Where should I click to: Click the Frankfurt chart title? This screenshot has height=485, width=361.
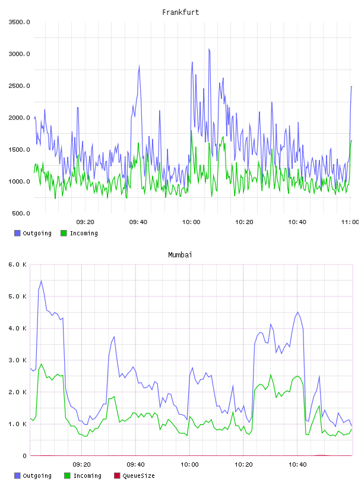[x=180, y=12]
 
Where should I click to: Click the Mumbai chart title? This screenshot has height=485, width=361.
[x=180, y=255]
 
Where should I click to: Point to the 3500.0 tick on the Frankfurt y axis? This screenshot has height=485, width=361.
[x=20, y=22]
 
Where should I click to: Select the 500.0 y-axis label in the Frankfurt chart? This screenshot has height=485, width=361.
[x=21, y=213]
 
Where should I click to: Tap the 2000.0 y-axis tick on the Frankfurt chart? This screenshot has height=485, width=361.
[x=20, y=118]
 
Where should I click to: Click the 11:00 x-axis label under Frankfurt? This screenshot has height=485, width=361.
[x=350, y=222]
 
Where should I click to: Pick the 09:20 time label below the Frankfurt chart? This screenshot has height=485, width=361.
[x=85, y=222]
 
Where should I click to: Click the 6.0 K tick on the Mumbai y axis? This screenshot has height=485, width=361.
[x=18, y=264]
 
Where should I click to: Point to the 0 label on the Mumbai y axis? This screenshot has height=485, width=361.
[x=25, y=456]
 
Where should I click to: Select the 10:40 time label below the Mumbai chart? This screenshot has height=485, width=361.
[x=297, y=465]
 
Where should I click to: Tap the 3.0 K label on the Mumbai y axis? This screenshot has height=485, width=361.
[x=18, y=360]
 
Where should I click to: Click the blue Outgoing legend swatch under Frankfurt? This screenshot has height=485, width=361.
[x=17, y=233]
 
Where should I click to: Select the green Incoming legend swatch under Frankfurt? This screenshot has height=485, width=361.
[x=64, y=233]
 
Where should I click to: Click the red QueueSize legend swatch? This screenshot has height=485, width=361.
[x=117, y=475]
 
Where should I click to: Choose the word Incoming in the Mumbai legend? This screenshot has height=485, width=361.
[x=87, y=476]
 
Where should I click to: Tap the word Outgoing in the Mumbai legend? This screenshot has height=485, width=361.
[x=37, y=476]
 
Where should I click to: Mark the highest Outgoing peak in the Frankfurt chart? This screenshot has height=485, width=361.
[x=209, y=49]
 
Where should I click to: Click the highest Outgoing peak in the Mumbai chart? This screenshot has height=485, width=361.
[x=41, y=281]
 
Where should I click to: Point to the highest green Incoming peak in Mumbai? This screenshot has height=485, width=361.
[x=41, y=364]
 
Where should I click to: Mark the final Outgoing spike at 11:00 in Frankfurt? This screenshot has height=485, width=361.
[x=351, y=87]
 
